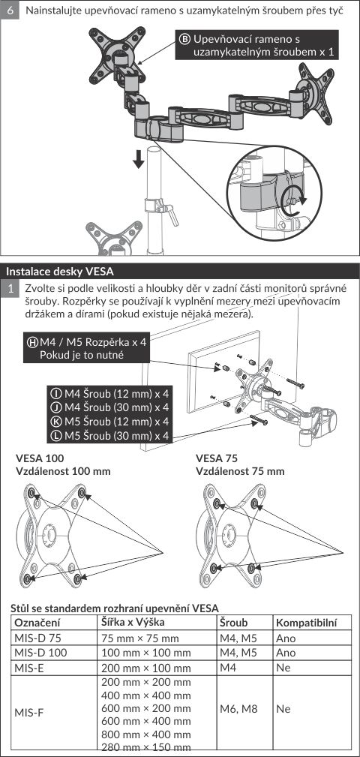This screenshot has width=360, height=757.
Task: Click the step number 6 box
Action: click(x=10, y=10)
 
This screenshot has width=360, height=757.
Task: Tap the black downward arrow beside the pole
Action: click(x=139, y=158)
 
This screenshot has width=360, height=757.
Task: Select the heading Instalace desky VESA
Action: click(x=60, y=271)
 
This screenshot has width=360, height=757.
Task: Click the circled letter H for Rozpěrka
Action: click(x=33, y=342)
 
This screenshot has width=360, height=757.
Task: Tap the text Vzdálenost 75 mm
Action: click(x=240, y=470)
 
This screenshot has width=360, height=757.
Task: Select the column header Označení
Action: click(x=37, y=622)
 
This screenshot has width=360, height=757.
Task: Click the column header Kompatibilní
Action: click(x=307, y=623)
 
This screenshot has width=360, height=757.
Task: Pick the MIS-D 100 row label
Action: click(x=40, y=653)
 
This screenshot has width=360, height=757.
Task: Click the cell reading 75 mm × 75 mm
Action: click(x=140, y=638)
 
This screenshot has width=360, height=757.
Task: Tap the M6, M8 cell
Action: click(x=238, y=709)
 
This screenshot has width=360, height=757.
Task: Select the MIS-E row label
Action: click(x=31, y=668)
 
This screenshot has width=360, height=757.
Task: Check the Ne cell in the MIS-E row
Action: click(x=283, y=668)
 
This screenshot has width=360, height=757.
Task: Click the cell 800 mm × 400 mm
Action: click(x=146, y=734)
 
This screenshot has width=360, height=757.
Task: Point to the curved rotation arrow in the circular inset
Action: click(x=294, y=202)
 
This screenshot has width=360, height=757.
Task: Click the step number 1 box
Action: click(x=10, y=290)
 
